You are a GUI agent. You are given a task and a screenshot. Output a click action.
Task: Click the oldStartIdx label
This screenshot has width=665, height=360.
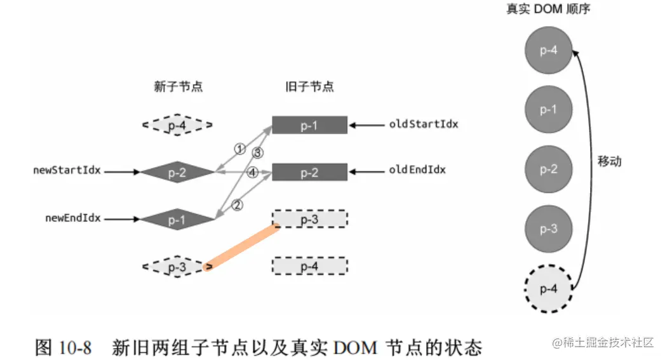(424, 124)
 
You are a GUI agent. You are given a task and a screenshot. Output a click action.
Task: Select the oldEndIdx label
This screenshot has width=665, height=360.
(417, 170)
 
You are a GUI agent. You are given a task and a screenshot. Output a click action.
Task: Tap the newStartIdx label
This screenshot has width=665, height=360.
(68, 171)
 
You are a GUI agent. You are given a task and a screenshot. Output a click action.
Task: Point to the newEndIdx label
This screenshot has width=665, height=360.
(73, 218)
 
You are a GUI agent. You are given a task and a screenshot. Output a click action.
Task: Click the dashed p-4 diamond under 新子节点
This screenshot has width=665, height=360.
(177, 126)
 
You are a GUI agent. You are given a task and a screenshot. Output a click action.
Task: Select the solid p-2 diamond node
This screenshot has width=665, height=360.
(177, 171)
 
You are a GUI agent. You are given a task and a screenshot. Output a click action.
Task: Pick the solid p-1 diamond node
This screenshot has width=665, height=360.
(177, 220)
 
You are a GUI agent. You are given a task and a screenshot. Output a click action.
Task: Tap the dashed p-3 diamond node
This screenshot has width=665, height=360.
(177, 267)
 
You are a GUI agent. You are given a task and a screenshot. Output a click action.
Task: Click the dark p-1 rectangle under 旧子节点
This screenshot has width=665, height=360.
(309, 125)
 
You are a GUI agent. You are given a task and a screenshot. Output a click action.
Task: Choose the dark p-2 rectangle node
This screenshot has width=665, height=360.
(309, 172)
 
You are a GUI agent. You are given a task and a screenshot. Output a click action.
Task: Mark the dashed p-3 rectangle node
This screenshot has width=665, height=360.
(309, 219)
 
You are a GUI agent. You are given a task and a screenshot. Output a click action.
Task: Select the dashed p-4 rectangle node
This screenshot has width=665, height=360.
(309, 266)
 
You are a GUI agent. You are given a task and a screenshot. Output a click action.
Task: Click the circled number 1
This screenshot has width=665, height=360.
(239, 149)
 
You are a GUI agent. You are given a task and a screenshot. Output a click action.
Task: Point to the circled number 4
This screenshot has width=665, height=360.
(252, 172)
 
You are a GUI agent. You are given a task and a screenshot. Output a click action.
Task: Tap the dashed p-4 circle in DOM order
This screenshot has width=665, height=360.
(549, 289)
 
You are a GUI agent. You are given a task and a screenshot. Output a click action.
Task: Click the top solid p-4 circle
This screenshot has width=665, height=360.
(549, 50)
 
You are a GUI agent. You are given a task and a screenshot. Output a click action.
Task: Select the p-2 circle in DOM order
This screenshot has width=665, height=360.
(549, 170)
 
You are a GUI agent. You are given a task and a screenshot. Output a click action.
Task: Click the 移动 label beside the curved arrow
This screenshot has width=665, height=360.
(609, 161)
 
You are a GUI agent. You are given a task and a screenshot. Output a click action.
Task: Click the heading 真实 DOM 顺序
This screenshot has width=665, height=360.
(549, 10)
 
